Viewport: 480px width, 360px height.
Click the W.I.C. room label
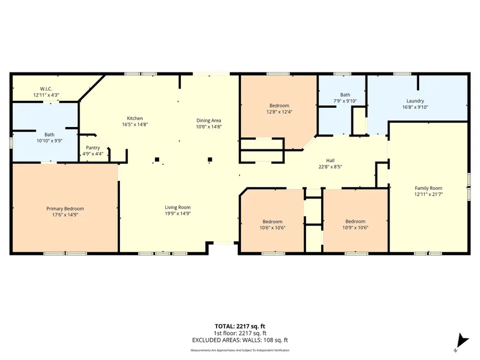pyautogui.click(x=46, y=89)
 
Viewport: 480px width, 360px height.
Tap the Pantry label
pyautogui.click(x=93, y=148)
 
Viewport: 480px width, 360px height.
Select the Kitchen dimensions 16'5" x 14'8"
pyautogui.click(x=134, y=125)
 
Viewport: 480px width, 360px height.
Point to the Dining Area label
pyautogui.click(x=209, y=120)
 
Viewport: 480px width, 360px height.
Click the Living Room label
pyautogui.click(x=178, y=207)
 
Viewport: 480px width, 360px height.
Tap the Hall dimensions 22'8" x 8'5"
pyautogui.click(x=330, y=166)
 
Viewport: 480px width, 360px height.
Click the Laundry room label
pyautogui.click(x=415, y=100)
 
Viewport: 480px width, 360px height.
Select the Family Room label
pyautogui.click(x=429, y=188)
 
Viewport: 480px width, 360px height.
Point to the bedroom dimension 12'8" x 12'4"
pyautogui.click(x=279, y=112)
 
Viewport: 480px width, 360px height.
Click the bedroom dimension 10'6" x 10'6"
pyautogui.click(x=273, y=228)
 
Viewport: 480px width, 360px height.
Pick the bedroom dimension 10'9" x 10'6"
pyautogui.click(x=355, y=228)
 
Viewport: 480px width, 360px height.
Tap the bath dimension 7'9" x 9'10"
pyautogui.click(x=345, y=101)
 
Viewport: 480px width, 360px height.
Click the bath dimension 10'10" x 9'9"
pyautogui.click(x=50, y=141)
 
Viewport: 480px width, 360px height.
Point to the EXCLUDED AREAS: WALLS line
pyautogui.click(x=240, y=340)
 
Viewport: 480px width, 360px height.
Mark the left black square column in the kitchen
pyautogui.click(x=157, y=159)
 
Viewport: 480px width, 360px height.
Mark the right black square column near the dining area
pyautogui.click(x=210, y=159)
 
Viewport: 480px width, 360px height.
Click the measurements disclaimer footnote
pyautogui.click(x=240, y=350)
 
